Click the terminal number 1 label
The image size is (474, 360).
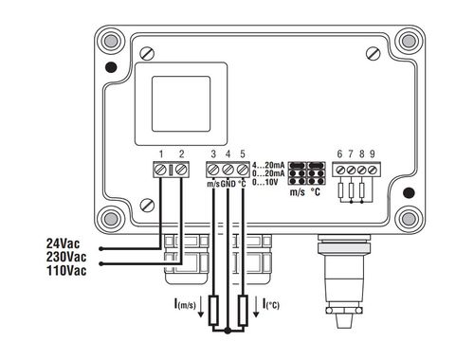161,154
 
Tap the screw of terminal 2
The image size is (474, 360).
181,170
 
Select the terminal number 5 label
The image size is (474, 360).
243,154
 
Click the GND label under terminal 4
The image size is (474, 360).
228,184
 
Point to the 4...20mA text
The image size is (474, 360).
268,165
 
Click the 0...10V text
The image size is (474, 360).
264,182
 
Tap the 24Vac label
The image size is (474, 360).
64,243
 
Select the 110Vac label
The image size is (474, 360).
66,271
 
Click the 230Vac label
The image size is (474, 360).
66,257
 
